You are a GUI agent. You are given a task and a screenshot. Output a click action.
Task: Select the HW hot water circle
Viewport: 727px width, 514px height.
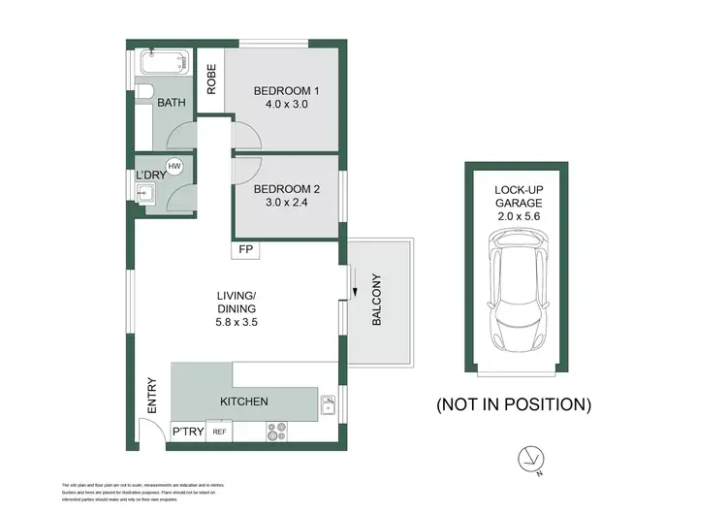[x=174, y=167]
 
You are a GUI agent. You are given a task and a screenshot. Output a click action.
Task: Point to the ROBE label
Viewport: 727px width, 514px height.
[x=210, y=79]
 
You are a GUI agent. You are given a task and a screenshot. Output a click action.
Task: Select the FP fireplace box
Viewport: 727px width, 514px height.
[x=243, y=251]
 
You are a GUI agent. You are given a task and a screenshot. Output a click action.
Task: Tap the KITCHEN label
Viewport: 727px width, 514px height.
[x=244, y=402]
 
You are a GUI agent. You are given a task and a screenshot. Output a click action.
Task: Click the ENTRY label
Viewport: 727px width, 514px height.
[x=151, y=397]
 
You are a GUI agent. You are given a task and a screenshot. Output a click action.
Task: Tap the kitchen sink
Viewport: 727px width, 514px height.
[x=329, y=401]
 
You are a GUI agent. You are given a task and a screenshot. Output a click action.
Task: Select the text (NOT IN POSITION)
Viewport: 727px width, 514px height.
[x=514, y=402]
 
